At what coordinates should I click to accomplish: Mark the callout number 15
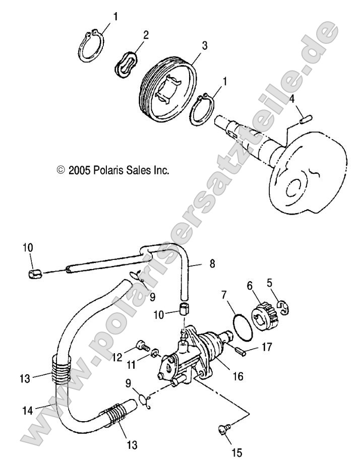tap(237, 453)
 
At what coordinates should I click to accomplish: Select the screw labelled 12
tap(142, 347)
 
